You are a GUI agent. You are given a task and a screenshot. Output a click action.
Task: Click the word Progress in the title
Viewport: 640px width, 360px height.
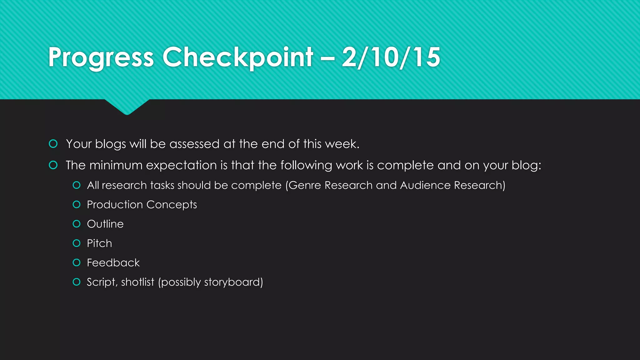pyautogui.click(x=101, y=57)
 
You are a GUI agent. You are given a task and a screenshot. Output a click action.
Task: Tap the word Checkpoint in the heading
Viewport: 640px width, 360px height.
pyautogui.click(x=238, y=57)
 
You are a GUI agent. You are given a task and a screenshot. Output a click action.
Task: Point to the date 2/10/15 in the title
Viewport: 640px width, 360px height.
pyautogui.click(x=391, y=57)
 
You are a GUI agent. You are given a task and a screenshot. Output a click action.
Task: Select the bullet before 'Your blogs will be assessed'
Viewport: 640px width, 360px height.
pyautogui.click(x=53, y=144)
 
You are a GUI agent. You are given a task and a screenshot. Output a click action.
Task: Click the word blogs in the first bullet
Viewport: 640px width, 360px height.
pyautogui.click(x=111, y=144)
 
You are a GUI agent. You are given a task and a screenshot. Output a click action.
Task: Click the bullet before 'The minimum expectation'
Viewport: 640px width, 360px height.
pyautogui.click(x=53, y=165)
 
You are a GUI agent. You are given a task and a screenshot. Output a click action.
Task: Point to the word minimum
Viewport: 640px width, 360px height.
pyautogui.click(x=116, y=165)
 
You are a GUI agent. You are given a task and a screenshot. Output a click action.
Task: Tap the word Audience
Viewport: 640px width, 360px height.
pyautogui.click(x=425, y=185)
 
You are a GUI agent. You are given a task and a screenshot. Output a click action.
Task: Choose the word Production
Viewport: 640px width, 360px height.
pyautogui.click(x=115, y=205)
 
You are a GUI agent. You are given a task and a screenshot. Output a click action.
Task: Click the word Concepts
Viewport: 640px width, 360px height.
pyautogui.click(x=172, y=205)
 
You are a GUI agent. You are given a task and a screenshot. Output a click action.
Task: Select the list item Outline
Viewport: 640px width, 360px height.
pyautogui.click(x=105, y=224)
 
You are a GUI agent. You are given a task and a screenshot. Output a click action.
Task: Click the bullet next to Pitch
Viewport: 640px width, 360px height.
pyautogui.click(x=77, y=243)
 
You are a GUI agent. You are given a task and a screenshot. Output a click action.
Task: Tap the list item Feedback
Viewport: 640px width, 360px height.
pyautogui.click(x=113, y=263)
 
